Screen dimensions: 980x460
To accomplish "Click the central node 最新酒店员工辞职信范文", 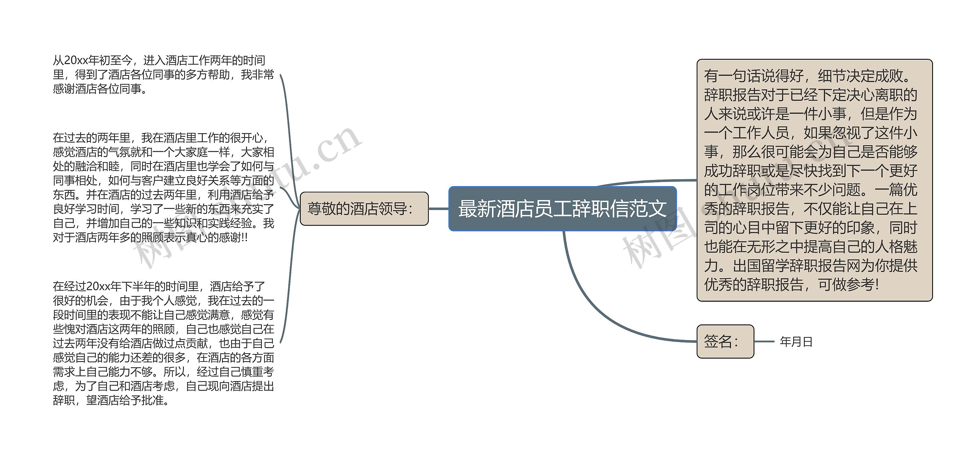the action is [562, 209].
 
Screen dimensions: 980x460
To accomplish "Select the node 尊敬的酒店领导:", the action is [364, 209].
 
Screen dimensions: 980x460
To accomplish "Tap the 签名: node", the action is [725, 341].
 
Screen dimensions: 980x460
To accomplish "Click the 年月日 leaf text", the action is [796, 342].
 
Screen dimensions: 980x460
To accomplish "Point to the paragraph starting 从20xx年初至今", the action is [163, 75].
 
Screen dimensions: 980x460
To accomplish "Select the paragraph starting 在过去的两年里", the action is [163, 188].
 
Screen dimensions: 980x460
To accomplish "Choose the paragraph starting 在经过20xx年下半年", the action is [163, 343].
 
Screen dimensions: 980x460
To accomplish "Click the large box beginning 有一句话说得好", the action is [814, 180].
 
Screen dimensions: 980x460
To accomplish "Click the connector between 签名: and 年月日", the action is [764, 341].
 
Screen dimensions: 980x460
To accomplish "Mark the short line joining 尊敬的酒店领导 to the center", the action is [438, 209].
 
